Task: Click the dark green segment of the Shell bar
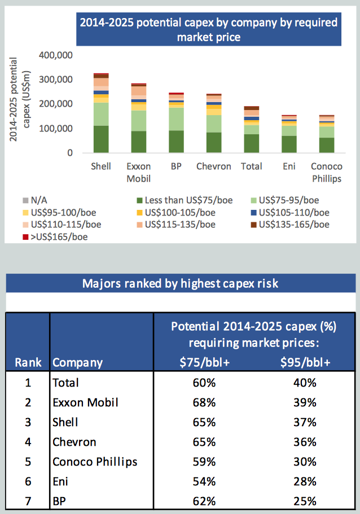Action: coord(101,139)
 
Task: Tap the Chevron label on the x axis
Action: coord(214,166)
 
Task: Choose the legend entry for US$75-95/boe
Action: coord(287,200)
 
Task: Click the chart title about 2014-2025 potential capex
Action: coord(208,29)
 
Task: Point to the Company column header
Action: coord(77,362)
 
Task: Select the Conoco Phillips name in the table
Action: coord(95,462)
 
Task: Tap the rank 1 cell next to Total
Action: coord(28,383)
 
